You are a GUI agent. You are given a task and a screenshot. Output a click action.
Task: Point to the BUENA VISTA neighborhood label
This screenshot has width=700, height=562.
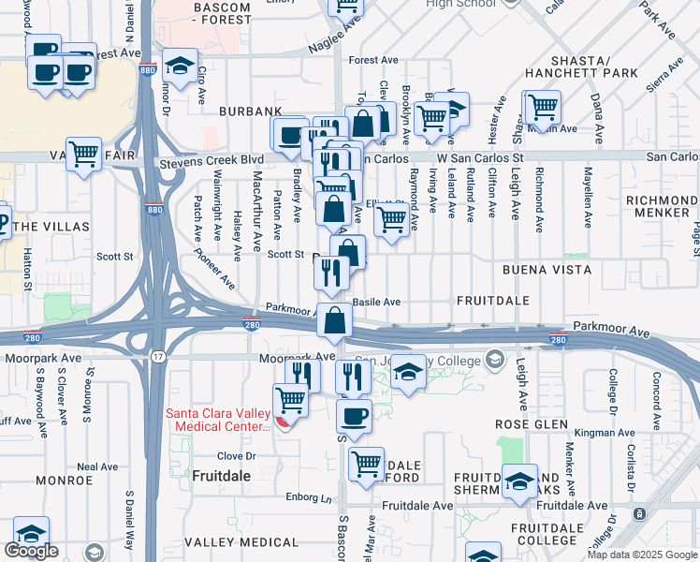547,270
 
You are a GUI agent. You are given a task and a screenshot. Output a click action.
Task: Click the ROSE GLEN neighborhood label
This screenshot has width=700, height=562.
531,424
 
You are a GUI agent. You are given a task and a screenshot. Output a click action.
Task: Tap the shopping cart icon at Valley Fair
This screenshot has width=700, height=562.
84,154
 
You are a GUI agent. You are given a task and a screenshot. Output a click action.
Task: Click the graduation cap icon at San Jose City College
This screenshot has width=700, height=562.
407,371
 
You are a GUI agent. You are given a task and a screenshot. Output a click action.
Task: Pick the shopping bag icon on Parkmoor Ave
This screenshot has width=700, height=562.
334,320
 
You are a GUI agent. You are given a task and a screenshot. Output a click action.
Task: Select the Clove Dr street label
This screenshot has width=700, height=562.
236,456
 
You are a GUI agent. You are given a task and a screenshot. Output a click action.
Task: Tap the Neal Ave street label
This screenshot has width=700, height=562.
97,466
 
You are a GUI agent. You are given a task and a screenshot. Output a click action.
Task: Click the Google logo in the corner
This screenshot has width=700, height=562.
31,551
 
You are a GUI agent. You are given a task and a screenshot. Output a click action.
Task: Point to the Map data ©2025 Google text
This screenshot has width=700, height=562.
641,555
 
